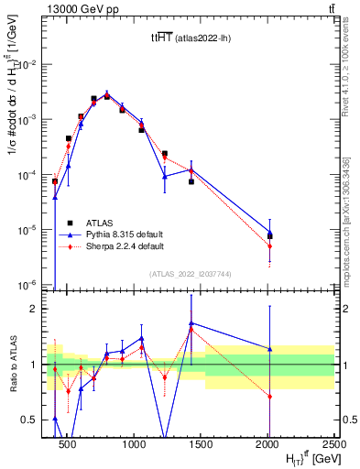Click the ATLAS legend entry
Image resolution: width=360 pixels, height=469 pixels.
tap(101, 223)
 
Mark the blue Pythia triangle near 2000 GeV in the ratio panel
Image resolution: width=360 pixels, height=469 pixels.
tap(269, 349)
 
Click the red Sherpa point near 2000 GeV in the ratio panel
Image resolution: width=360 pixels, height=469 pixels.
tap(269, 396)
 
